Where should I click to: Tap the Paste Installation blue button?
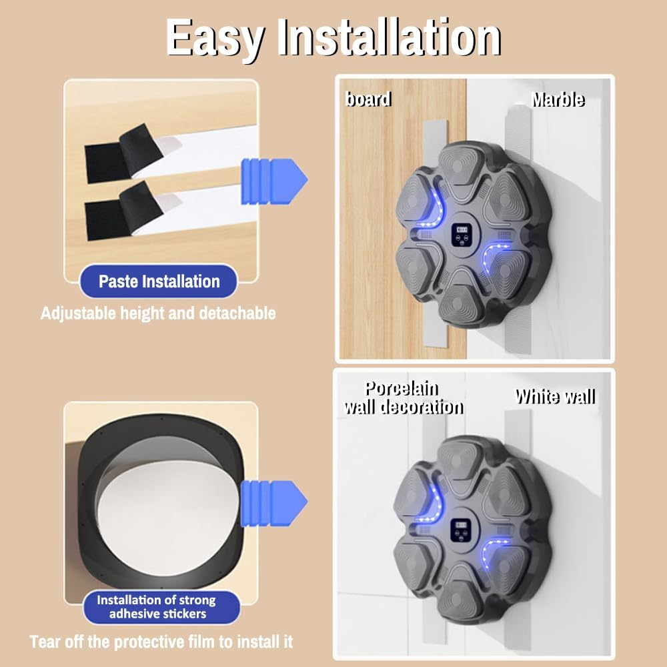coord(159,281)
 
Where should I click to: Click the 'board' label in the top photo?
coord(368,99)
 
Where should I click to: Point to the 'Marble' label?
coord(558,99)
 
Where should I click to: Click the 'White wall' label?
coord(555,397)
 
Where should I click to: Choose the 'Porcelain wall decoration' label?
coord(404,398)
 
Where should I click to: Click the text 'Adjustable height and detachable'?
coord(158,313)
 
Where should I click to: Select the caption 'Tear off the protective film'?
coord(161,642)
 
